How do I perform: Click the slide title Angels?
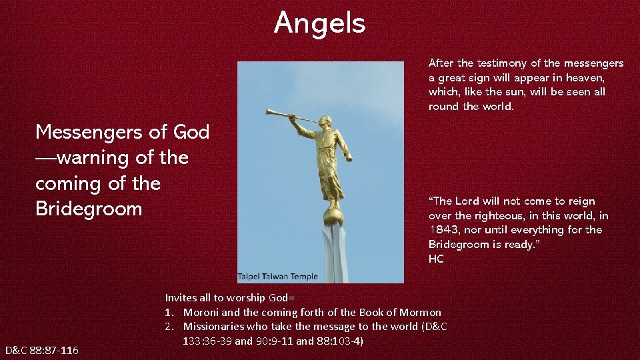[319, 23]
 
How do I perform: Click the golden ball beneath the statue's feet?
[332, 216]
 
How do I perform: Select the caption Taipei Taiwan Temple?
[278, 277]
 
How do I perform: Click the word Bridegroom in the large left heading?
[89, 209]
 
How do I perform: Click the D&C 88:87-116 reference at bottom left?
[41, 350]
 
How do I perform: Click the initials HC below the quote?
[436, 259]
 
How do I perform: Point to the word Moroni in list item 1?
[202, 312]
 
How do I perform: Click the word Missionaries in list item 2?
[213, 327]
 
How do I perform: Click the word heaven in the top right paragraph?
[585, 78]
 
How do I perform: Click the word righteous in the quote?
[504, 215]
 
